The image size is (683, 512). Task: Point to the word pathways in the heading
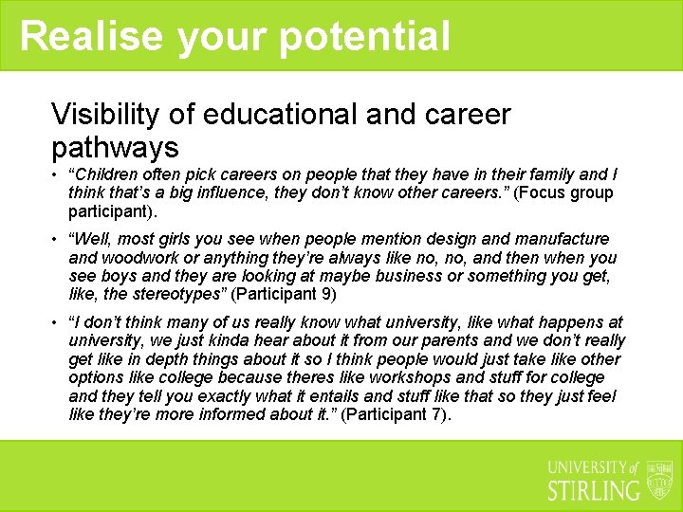pyautogui.click(x=115, y=147)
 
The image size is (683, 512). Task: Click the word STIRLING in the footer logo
pyautogui.click(x=594, y=490)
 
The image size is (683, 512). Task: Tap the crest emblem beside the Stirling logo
pyautogui.click(x=659, y=480)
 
